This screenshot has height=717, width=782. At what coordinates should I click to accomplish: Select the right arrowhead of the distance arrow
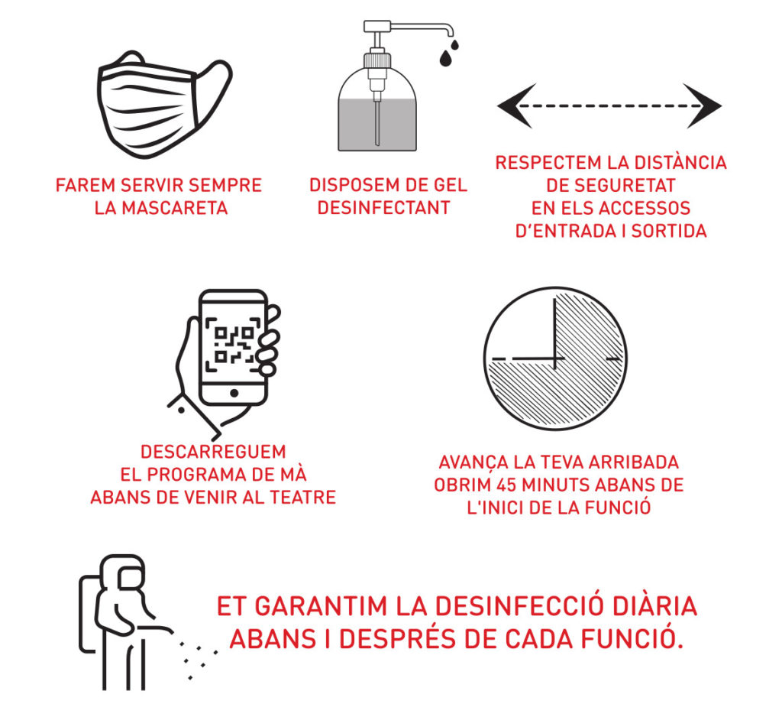click(703, 105)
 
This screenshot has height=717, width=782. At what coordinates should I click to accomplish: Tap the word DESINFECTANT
click(384, 208)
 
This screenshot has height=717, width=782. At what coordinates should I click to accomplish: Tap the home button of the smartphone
click(234, 393)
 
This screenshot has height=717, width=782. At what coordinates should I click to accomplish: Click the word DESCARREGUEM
click(214, 452)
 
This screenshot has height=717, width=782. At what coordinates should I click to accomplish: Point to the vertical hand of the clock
click(554, 333)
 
